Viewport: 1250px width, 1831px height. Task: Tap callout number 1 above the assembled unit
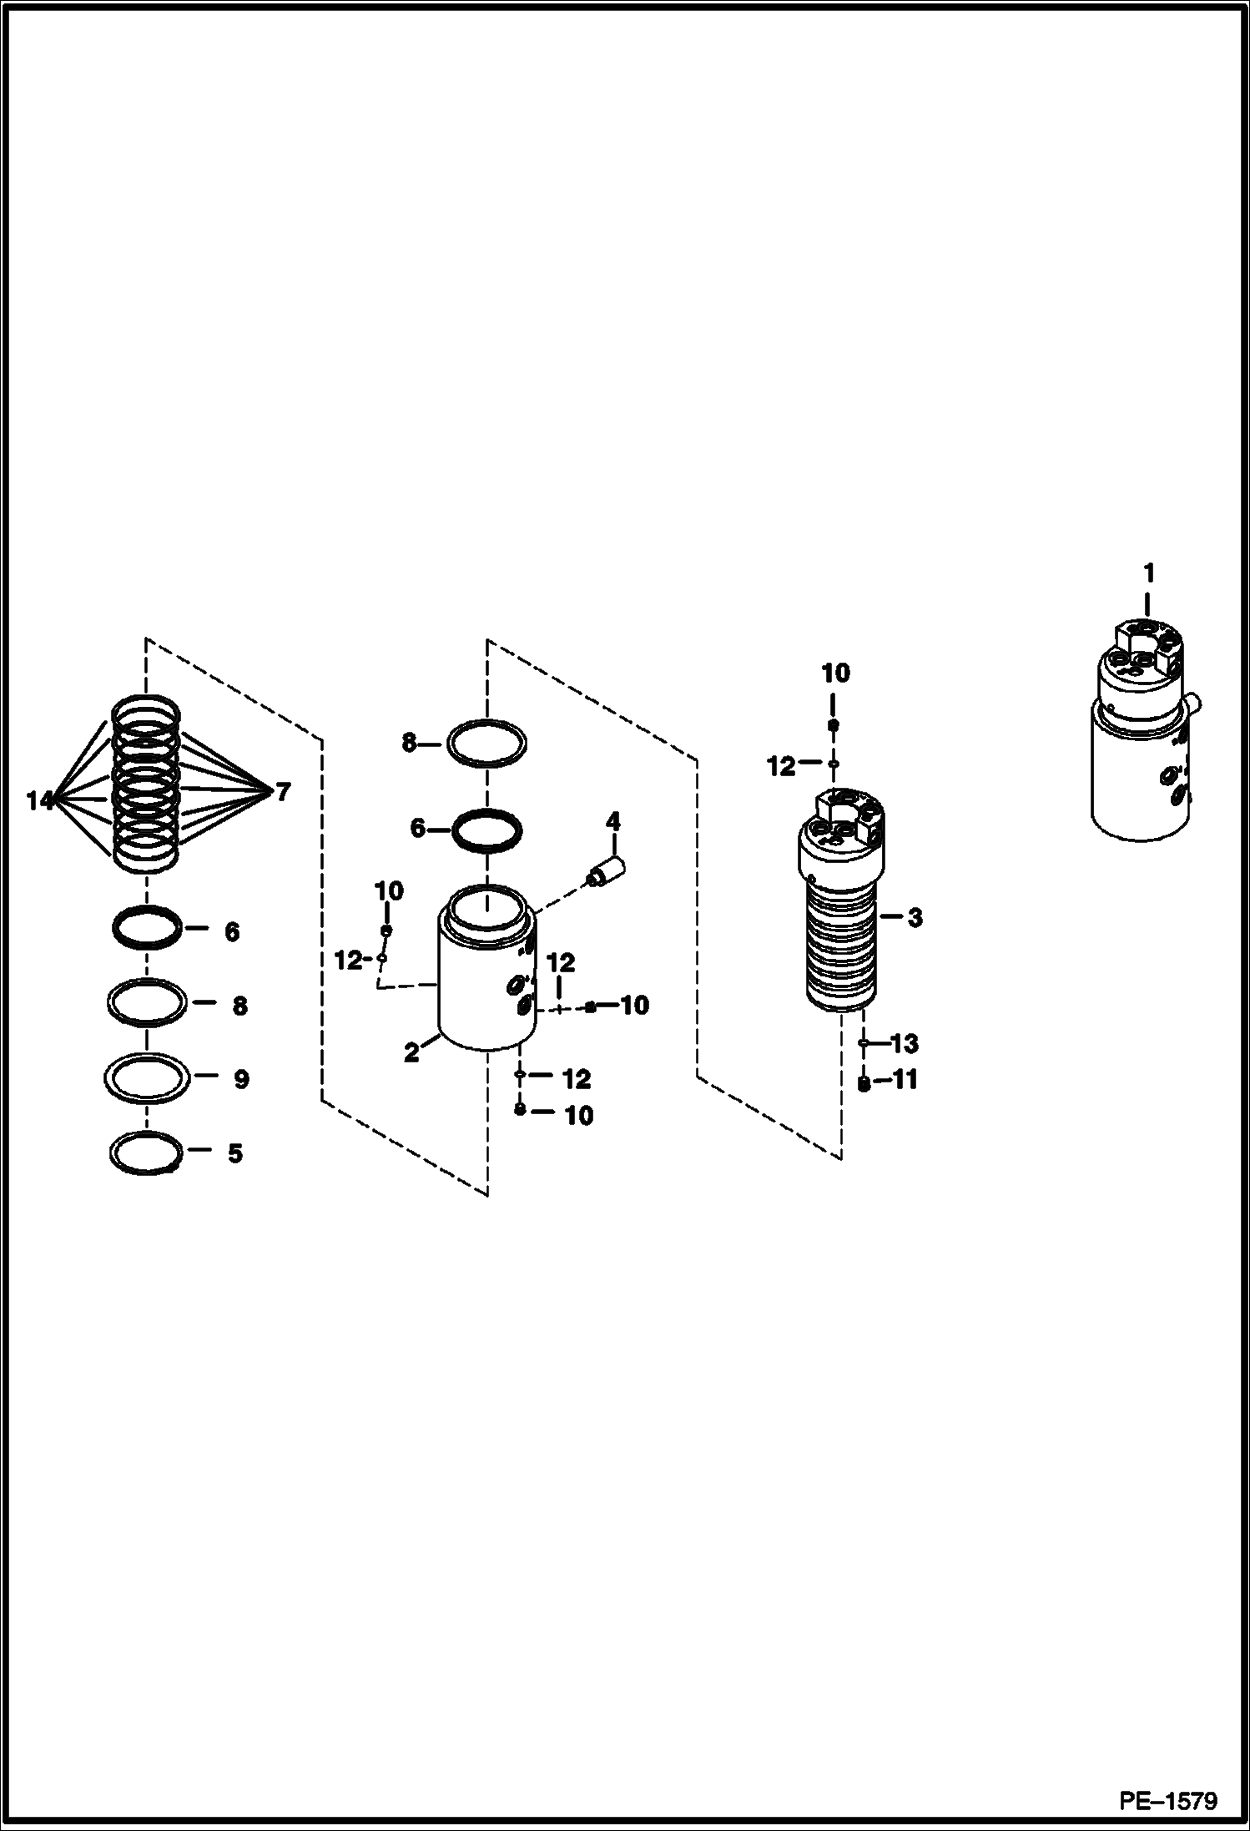click(x=1148, y=574)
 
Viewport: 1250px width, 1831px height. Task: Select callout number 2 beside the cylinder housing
click(x=411, y=1053)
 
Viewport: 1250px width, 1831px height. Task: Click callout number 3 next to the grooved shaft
click(x=915, y=918)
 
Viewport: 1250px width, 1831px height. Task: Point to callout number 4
click(x=613, y=822)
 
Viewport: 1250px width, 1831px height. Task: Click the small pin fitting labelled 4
click(x=607, y=872)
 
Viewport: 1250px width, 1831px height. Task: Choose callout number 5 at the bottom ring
click(x=235, y=1153)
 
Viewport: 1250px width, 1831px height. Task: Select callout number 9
click(x=240, y=1080)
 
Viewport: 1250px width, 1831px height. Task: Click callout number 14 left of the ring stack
click(x=39, y=801)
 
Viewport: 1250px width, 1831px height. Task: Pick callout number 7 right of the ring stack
click(x=283, y=792)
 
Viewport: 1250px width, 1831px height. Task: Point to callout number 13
click(x=905, y=1044)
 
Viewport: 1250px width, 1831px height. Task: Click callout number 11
click(x=905, y=1081)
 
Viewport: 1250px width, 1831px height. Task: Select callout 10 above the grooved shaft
click(x=835, y=673)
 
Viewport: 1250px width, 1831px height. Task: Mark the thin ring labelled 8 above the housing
click(x=486, y=743)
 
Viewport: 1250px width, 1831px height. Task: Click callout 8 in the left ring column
click(x=239, y=1006)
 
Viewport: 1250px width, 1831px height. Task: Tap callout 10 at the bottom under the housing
click(x=578, y=1116)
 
